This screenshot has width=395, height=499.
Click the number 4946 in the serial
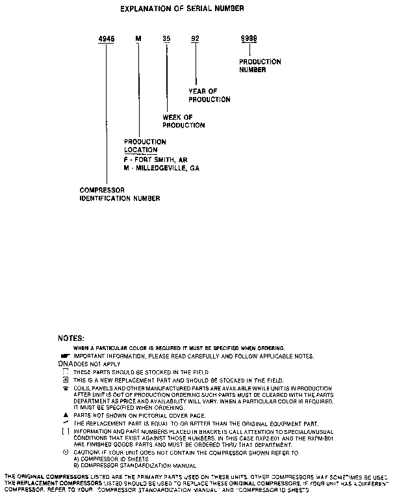(106, 39)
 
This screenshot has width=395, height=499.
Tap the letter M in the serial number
(138, 39)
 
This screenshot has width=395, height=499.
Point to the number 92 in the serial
(195, 39)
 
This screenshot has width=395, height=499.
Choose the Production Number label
(260, 65)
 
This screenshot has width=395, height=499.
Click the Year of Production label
(209, 96)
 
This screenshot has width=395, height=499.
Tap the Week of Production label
(183, 121)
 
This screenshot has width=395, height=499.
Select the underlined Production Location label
(145, 146)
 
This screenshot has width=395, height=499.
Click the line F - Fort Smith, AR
(155, 159)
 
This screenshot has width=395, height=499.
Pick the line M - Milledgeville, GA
(161, 168)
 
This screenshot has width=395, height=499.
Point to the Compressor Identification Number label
(120, 194)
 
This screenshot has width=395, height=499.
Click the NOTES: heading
(71, 339)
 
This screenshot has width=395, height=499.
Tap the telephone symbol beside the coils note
(66, 388)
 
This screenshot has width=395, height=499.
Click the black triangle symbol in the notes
(66, 414)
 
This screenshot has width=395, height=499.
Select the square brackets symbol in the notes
(66, 431)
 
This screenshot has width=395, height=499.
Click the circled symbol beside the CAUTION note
(66, 452)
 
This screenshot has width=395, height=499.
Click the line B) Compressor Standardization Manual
(126, 465)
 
